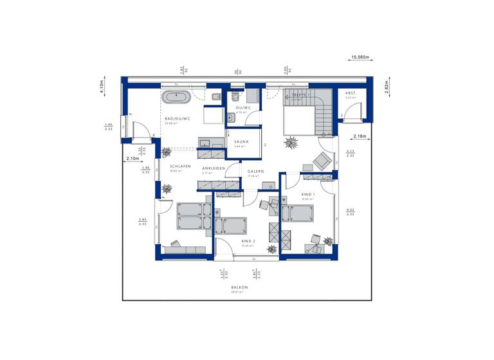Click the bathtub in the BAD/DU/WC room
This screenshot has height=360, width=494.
tap(175, 98)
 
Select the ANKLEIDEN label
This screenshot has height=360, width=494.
tap(213, 168)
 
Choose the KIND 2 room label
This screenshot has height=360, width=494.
tap(249, 241)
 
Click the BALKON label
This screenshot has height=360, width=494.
tap(239, 287)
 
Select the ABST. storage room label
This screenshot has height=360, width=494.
tap(351, 93)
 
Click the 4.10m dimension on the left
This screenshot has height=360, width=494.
tap(102, 88)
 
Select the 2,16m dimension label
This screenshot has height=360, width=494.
tap(360, 136)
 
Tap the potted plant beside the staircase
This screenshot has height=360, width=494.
tap(291, 141)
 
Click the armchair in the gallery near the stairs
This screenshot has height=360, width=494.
tap(321, 159)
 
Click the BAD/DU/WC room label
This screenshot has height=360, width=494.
tap(177, 119)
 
